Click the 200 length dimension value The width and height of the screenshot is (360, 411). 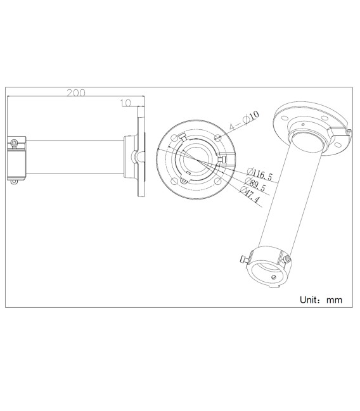click(x=76, y=92)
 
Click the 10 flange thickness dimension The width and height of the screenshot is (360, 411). click(x=125, y=102)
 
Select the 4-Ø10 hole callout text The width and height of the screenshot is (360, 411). click(x=245, y=120)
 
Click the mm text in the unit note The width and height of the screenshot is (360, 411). click(x=334, y=300)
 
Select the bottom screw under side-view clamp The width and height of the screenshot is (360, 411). click(x=15, y=182)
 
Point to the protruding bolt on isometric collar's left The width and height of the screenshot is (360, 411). click(x=243, y=260)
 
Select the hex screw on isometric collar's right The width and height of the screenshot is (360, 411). click(x=288, y=260)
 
